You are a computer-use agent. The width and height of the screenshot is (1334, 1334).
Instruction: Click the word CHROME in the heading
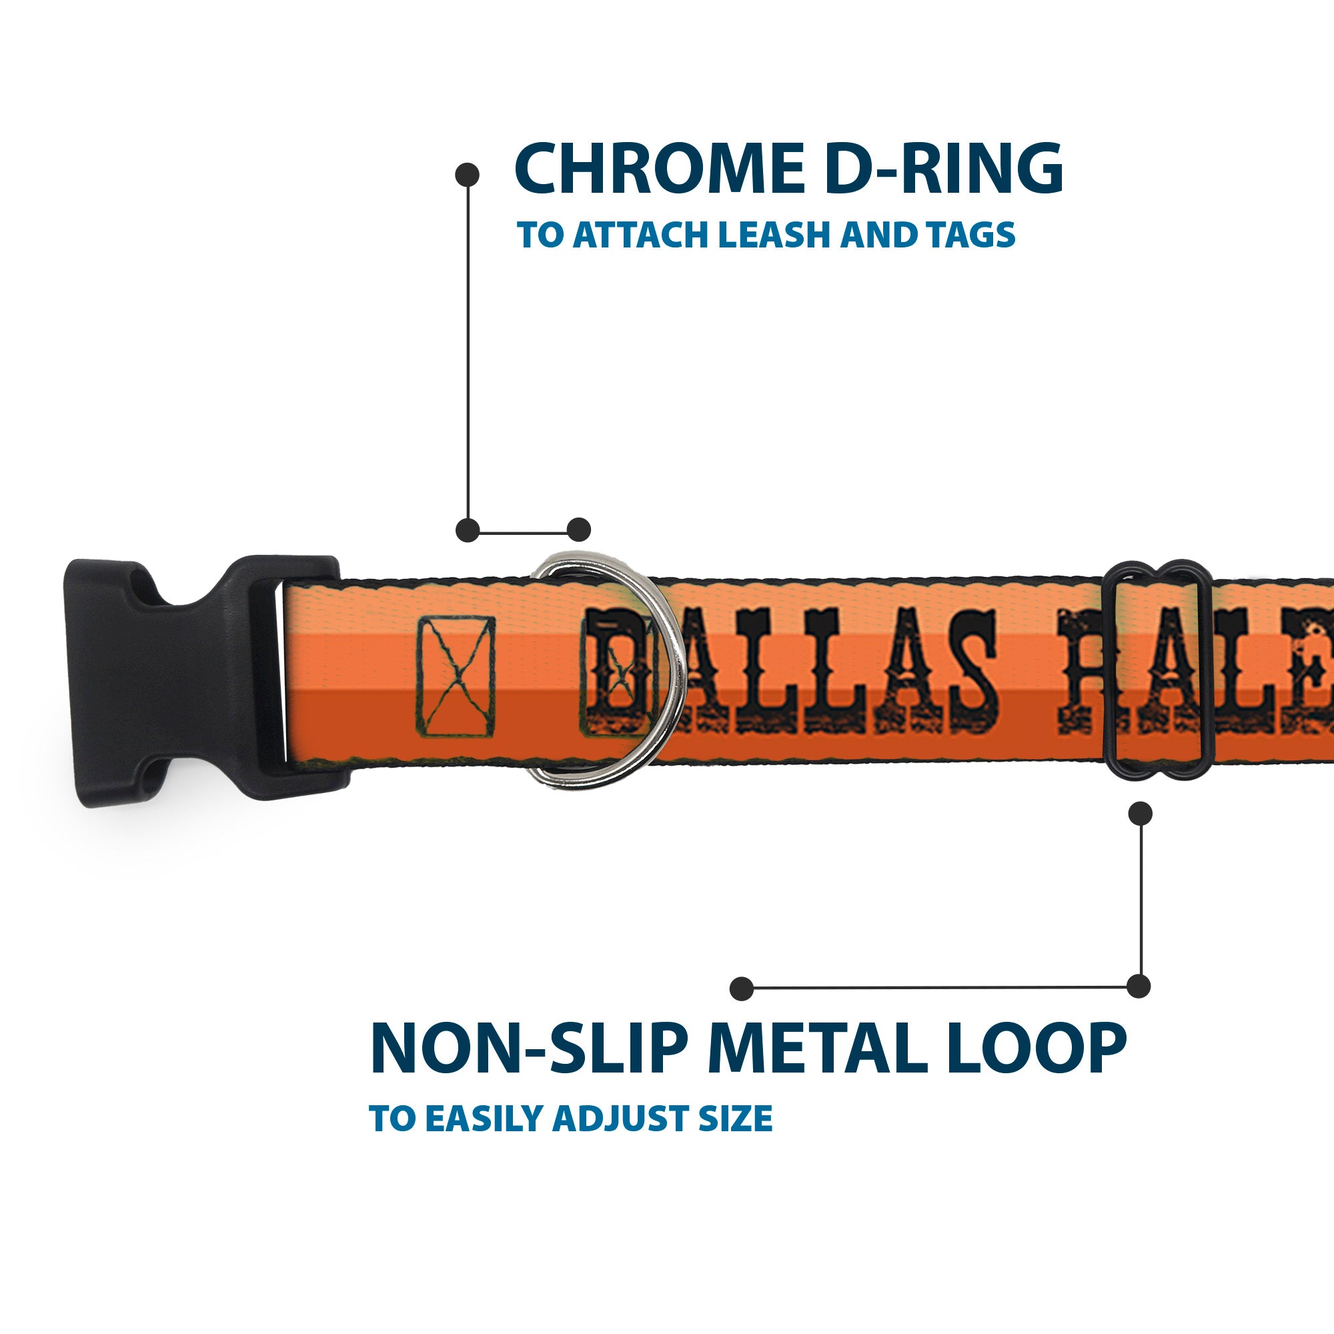(x=660, y=169)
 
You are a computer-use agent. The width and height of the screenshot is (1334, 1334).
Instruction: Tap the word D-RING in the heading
(x=943, y=169)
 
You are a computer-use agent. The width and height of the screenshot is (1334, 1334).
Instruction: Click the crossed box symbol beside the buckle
(x=456, y=676)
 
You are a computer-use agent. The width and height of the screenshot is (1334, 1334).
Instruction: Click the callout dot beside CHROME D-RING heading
(x=468, y=175)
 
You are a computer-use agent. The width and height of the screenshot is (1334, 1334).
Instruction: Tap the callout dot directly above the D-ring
(x=578, y=530)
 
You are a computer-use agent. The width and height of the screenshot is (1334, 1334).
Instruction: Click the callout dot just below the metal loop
(x=1140, y=813)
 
